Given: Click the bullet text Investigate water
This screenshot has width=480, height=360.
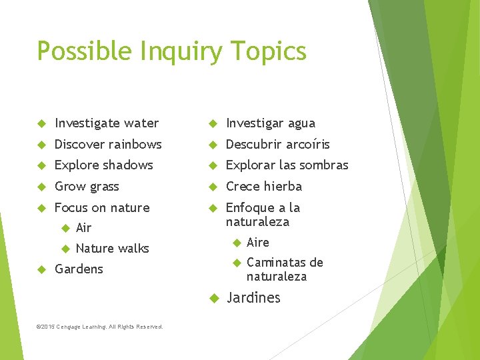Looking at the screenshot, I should pyautogui.click(x=107, y=123).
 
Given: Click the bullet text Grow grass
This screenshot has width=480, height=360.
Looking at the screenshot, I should pyautogui.click(x=87, y=186).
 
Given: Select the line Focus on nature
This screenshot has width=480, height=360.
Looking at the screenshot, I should pyautogui.click(x=102, y=207).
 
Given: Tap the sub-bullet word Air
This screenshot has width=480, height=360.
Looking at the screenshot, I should pyautogui.click(x=83, y=228).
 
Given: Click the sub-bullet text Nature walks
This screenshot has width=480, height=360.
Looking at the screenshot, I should pyautogui.click(x=112, y=249).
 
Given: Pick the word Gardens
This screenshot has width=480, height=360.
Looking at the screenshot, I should pyautogui.click(x=79, y=269).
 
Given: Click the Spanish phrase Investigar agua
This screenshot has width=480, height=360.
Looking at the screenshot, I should pyautogui.click(x=271, y=123).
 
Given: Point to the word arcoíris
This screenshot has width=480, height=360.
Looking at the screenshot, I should pyautogui.click(x=307, y=144).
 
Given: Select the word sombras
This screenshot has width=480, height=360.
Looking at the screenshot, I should pyautogui.click(x=324, y=165).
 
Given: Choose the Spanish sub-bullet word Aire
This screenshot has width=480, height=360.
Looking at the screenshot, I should pyautogui.click(x=258, y=242).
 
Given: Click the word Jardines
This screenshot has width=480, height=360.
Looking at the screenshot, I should pyautogui.click(x=253, y=297).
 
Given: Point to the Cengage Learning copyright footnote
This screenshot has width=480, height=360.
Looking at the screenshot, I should pyautogui.click(x=100, y=327).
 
